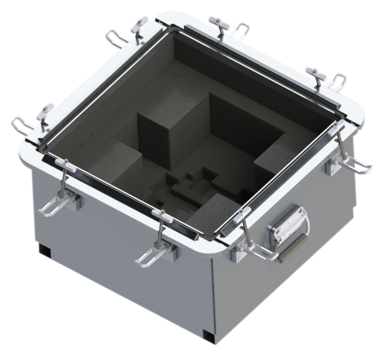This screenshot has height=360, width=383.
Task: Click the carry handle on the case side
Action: [x=288, y=231]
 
